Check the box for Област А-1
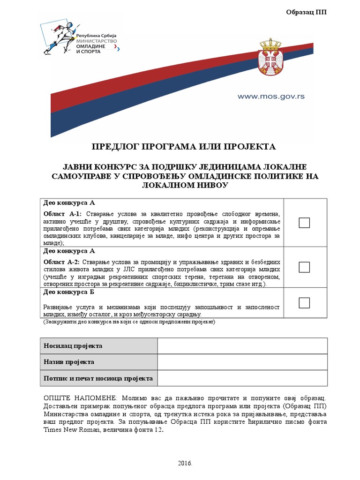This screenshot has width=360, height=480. pyautogui.click(x=304, y=223)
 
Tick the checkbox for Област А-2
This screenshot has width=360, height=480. pyautogui.click(x=304, y=267)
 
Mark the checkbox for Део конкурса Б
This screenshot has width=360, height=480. pyautogui.click(x=304, y=303)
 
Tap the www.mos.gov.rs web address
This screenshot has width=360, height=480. pyautogui.click(x=271, y=96)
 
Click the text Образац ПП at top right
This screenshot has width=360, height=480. pyautogui.click(x=306, y=12)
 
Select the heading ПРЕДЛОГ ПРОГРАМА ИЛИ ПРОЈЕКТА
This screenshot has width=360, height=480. pyautogui.click(x=183, y=147)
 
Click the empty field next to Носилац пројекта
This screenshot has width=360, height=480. pyautogui.click(x=242, y=346)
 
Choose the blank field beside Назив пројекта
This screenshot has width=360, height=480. pyautogui.click(x=242, y=362)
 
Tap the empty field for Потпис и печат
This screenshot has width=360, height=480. pyautogui.click(x=242, y=378)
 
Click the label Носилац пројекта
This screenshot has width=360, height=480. pyautogui.click(x=73, y=346)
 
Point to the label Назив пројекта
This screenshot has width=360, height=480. pyautogui.click(x=69, y=362)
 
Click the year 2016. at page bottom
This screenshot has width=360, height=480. pyautogui.click(x=185, y=463)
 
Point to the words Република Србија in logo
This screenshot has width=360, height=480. pyautogui.click(x=96, y=36)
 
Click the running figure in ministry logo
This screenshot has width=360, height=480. pyautogui.click(x=59, y=35)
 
